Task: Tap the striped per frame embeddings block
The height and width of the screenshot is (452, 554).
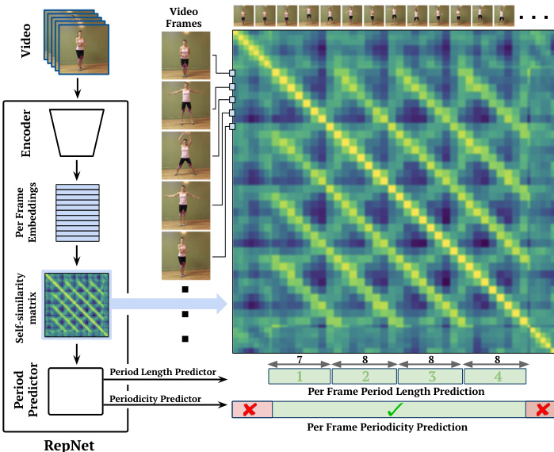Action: (77, 213)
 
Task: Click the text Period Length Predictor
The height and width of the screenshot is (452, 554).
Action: (162, 371)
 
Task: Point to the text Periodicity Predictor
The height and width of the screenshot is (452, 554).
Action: (155, 398)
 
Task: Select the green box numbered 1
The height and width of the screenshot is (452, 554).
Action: (300, 377)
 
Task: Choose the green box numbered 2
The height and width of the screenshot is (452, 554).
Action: (365, 377)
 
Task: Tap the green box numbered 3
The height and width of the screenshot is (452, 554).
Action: (430, 377)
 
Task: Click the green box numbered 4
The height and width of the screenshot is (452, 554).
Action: (496, 377)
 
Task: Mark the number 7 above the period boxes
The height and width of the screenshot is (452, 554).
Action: (300, 358)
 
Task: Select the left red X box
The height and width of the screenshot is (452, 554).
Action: (252, 409)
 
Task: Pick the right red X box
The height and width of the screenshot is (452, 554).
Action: (539, 409)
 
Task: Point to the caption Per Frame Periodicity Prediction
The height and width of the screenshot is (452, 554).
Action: (387, 427)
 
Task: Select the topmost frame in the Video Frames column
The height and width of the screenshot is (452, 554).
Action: (185, 56)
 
